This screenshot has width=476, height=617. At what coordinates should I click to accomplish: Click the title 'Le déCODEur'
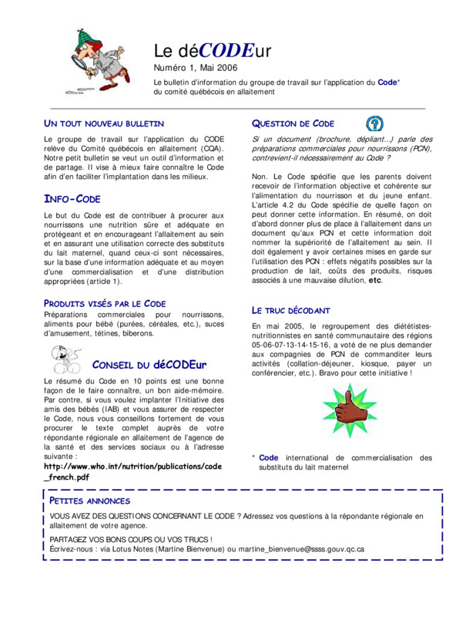[213, 52]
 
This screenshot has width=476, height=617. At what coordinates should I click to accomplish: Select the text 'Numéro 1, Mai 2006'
[196, 69]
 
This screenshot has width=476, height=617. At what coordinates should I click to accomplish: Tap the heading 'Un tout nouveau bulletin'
[103, 123]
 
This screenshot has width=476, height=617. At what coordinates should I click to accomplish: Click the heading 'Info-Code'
[72, 199]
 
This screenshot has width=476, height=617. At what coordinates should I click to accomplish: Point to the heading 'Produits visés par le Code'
[105, 303]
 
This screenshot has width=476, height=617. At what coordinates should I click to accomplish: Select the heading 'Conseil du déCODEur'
[150, 364]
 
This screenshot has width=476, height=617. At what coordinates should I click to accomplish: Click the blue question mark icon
[374, 123]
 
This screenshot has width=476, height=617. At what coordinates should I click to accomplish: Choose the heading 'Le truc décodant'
[290, 310]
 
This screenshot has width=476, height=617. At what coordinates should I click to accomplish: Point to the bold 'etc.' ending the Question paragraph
[375, 280]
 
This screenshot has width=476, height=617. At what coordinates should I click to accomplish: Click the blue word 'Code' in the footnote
[269, 457]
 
